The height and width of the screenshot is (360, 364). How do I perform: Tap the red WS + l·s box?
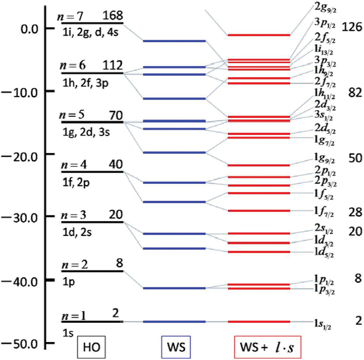pos(268,347)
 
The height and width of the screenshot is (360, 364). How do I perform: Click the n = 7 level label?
pos(73,15)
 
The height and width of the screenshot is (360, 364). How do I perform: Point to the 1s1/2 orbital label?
pos(322,323)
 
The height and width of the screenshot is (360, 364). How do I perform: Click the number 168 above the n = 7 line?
pos(113,15)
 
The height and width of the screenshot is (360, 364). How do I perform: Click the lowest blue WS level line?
pos(174,322)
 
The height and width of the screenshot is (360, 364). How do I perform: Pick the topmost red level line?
pos(259,35)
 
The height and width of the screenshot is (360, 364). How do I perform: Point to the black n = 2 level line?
pos(92,271)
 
